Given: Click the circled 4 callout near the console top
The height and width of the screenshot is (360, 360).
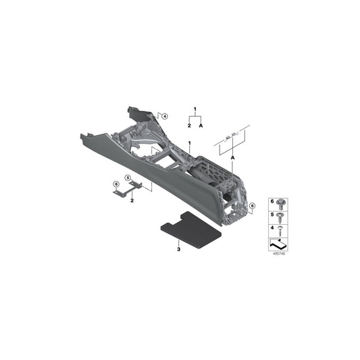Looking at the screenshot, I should point(164,116).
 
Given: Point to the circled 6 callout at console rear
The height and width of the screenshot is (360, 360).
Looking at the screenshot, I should point(252,205).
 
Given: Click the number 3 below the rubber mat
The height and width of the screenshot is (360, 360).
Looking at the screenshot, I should point(178,250).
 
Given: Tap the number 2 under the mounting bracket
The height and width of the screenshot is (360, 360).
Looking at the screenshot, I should point(132,201).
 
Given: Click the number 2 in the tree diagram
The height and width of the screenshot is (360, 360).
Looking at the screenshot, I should point(189,126).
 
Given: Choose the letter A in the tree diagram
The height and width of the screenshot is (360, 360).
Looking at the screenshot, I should point(201,126).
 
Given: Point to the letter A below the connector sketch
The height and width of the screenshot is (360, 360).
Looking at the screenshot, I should point(232,157).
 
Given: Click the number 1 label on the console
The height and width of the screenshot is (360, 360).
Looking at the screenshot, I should point(190,143).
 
